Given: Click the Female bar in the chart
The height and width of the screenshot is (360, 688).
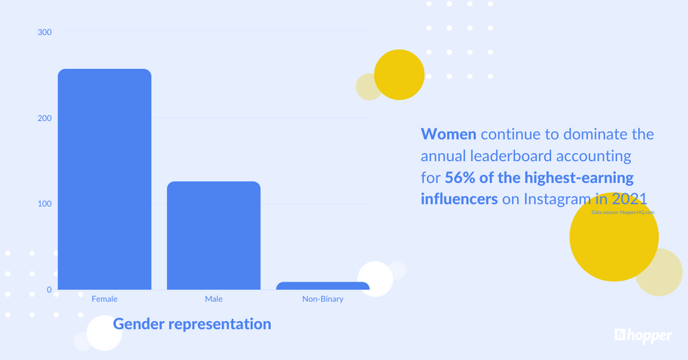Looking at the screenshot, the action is tap(104, 179).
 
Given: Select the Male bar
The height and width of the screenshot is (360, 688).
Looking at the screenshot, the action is tap(213, 235).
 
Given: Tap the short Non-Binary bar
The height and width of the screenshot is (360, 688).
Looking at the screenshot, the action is tap(322, 286).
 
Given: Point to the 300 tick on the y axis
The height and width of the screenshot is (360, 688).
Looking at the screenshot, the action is tap(45, 32).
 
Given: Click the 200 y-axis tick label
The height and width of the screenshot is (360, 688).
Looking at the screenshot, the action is tap(45, 118).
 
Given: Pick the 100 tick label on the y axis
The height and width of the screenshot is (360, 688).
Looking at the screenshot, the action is tap(45, 204).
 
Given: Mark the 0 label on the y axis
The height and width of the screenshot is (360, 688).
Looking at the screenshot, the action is tap(49, 290).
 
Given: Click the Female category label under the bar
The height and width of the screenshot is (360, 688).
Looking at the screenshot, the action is tap(104, 299).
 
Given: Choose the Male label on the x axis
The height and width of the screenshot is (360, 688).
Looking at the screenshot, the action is tap(213, 299).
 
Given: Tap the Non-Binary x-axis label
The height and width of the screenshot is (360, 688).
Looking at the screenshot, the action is tap(322, 299).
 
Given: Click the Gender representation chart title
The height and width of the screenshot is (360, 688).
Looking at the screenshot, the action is tap(192, 324).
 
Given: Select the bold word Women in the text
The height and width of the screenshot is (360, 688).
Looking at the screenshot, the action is tap(448, 134).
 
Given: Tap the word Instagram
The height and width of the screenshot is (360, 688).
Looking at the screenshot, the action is tap(557, 199).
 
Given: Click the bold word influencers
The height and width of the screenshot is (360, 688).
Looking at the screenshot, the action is tap(459, 199).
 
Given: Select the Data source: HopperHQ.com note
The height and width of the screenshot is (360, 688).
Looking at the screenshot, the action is tap(622, 212).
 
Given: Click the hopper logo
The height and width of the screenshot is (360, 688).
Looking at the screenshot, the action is tap(643, 336).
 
